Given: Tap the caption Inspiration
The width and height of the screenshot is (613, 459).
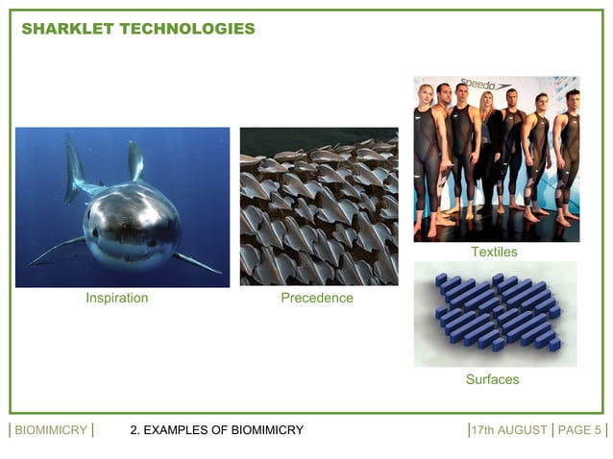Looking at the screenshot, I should (x=117, y=298).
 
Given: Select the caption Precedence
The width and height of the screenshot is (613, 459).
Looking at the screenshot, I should (x=317, y=298).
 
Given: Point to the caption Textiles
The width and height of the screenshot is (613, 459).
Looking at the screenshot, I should (x=494, y=252).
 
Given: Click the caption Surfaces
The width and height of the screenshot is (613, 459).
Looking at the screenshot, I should (x=492, y=379).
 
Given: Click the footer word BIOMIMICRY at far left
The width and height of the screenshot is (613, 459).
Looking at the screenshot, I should (x=51, y=430).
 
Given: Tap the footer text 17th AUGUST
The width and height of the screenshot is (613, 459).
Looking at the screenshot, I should (x=509, y=430).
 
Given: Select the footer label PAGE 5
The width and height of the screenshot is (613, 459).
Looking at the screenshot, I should (x=579, y=430).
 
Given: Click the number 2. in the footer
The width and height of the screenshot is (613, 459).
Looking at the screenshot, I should (x=135, y=430).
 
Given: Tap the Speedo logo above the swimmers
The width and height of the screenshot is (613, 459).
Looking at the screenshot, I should (x=478, y=85).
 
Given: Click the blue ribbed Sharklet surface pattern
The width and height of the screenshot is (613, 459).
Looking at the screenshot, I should (x=496, y=313).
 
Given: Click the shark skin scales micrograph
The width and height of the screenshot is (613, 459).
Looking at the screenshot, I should (x=318, y=206).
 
